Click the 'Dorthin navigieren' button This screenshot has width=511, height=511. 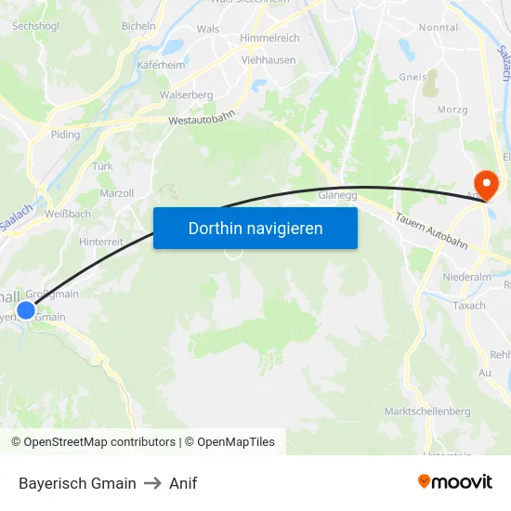point(255,228)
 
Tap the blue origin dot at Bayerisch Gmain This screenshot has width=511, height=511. point(26,311)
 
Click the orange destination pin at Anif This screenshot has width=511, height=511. point(485,183)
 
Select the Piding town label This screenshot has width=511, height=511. point(65,135)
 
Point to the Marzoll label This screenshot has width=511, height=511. point(116,193)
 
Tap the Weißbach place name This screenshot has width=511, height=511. point(66,214)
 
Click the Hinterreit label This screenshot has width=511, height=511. point(101,241)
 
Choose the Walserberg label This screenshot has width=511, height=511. point(186,95)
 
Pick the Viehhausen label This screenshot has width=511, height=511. point(268,60)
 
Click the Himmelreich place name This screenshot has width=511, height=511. point(269,37)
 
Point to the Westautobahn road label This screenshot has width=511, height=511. point(202,119)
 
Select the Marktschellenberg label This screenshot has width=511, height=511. point(427,411)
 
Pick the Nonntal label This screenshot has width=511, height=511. point(439,28)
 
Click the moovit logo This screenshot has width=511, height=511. point(454,482)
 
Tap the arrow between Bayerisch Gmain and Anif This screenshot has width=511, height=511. point(152,483)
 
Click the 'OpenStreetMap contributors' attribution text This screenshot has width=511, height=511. point(99,442)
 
